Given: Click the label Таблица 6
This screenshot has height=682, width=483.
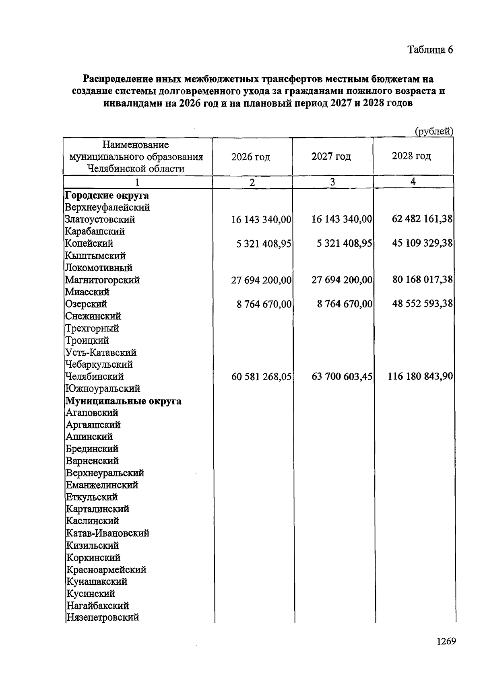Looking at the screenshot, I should pyautogui.click(x=430, y=50).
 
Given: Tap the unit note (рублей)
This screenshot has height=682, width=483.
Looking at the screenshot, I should pyautogui.click(x=434, y=131).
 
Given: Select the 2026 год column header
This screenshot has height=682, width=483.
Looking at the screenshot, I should pyautogui.click(x=251, y=157).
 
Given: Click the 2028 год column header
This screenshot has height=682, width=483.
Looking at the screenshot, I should pyautogui.click(x=411, y=156).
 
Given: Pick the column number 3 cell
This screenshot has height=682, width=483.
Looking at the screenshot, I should pyautogui.click(x=332, y=182).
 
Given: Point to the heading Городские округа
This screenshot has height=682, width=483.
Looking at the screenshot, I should pyautogui.click(x=107, y=196).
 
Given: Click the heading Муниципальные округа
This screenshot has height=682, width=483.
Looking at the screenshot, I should pyautogui.click(x=123, y=401).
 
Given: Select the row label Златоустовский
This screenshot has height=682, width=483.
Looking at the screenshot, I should pyautogui.click(x=100, y=220).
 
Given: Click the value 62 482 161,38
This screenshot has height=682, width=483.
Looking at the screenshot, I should pyautogui.click(x=422, y=219).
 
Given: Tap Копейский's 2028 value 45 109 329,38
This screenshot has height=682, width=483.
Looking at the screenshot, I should pyautogui.click(x=422, y=243).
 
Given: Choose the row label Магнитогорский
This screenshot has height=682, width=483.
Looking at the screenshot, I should pyautogui.click(x=102, y=280).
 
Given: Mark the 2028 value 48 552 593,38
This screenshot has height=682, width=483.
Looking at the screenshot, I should pyautogui.click(x=422, y=304).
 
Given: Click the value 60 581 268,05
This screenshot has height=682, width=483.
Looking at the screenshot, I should pyautogui.click(x=261, y=377).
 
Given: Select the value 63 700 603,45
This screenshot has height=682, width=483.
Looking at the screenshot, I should pyautogui.click(x=342, y=377).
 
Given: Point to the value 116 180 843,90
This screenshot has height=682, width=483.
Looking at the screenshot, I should pyautogui.click(x=420, y=377).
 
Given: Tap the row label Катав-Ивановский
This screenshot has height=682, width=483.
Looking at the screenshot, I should pyautogui.click(x=107, y=534).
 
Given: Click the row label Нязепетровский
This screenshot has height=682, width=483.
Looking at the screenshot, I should pyautogui.click(x=102, y=618).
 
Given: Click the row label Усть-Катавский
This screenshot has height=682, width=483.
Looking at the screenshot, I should pyautogui.click(x=101, y=353).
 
